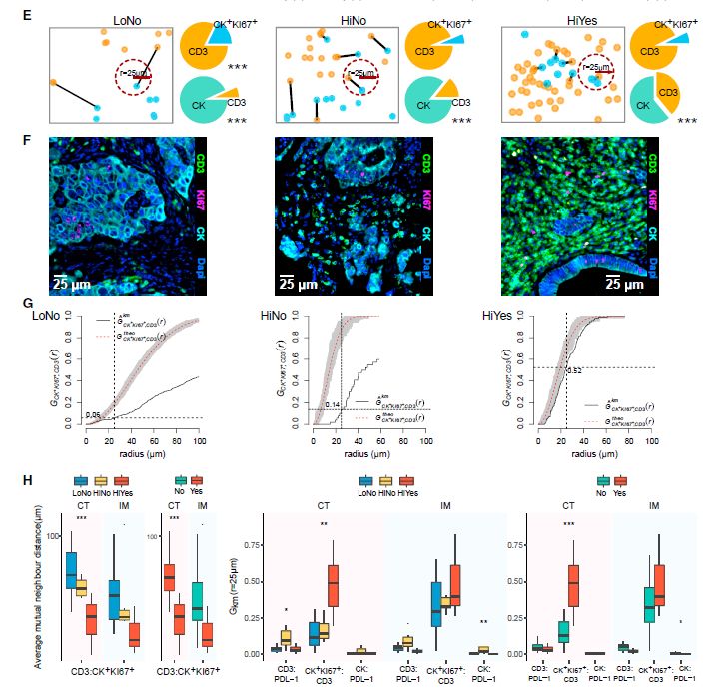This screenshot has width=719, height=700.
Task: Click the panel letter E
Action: click(x=26, y=17)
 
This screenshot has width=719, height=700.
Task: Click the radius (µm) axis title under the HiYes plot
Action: click(x=579, y=453)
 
